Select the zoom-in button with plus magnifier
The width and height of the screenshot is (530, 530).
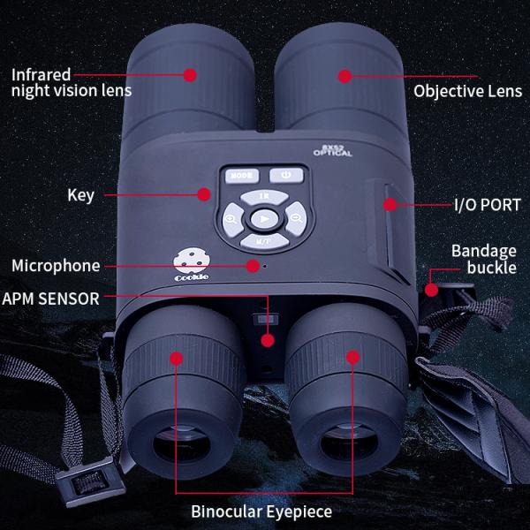(x=231, y=217)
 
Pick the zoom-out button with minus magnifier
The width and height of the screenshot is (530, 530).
(x=295, y=217)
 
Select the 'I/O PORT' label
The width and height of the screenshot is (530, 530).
(x=487, y=205)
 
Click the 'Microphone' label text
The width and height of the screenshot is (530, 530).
(x=56, y=266)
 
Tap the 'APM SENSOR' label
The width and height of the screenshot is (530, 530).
(x=50, y=299)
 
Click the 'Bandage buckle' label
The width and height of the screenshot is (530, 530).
(x=483, y=259)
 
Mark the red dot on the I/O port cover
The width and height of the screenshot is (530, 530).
(x=389, y=205)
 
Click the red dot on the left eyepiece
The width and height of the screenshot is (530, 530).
(x=177, y=359)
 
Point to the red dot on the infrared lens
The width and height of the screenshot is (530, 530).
(x=189, y=76)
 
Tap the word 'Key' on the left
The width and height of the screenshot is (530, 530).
(x=80, y=195)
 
